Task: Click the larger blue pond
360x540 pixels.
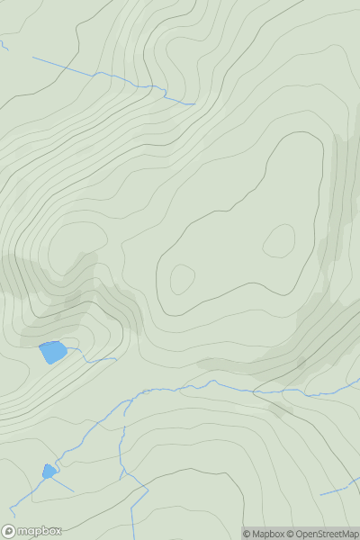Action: (x=53, y=352)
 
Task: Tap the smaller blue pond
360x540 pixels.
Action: (x=48, y=471)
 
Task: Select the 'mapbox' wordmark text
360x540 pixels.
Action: (x=39, y=531)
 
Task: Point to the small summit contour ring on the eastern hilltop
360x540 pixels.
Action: (x=279, y=240)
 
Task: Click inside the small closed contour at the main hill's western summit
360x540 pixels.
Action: (x=182, y=279)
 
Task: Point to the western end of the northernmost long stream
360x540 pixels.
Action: (x=34, y=58)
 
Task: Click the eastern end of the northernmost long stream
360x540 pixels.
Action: (x=193, y=103)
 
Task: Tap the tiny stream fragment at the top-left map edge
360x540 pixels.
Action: (x=4, y=44)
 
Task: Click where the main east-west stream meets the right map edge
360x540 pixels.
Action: (x=357, y=380)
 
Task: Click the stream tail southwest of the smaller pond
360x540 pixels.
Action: (x=18, y=504)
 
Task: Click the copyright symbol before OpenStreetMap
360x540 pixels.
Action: (x=290, y=534)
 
